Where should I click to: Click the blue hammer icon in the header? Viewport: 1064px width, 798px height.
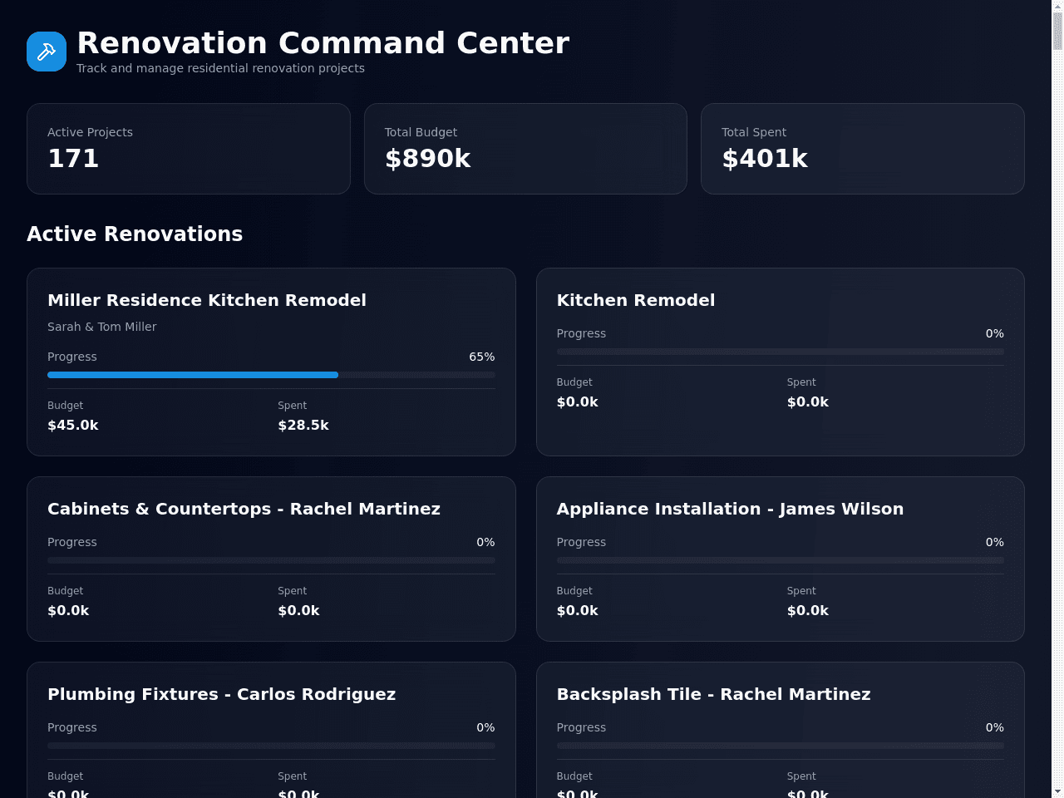tap(47, 52)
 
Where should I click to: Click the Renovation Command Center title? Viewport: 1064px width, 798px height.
tap(323, 42)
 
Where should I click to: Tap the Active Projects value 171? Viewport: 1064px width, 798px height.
tap(73, 159)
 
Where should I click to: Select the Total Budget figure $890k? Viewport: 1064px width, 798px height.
tap(427, 159)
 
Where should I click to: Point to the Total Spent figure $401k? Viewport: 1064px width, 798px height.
tap(765, 159)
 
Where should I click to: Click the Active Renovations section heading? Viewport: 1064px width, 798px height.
tap(135, 234)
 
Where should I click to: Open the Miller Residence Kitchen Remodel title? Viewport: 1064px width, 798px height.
tap(206, 300)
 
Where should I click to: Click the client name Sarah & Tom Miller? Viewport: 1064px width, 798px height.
tap(101, 327)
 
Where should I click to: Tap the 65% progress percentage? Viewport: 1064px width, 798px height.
tap(482, 357)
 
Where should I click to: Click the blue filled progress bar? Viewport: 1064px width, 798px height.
tap(193, 375)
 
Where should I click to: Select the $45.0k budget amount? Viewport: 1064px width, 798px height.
tap(72, 425)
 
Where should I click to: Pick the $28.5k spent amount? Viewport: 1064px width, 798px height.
tap(303, 425)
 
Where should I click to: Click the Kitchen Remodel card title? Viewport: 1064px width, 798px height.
tap(636, 300)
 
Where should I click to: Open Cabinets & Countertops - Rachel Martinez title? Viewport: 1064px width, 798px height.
tap(244, 509)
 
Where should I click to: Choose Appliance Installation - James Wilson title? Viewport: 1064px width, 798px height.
tap(730, 509)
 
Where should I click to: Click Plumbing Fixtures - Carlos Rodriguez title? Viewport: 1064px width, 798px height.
tap(221, 694)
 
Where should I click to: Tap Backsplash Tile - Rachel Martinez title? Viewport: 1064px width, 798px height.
tap(713, 694)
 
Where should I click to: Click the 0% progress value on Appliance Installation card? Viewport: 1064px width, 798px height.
tap(995, 542)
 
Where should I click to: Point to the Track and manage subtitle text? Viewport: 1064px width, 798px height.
tap(220, 68)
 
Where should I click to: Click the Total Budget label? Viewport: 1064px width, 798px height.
tap(421, 132)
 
